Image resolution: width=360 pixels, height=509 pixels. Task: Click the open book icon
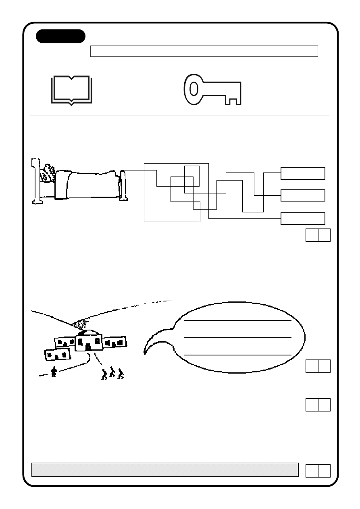(x=72, y=90)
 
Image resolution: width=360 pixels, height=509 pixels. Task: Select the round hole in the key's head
(x=194, y=89)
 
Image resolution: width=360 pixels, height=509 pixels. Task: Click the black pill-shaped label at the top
(x=60, y=36)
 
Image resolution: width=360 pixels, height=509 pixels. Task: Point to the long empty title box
(x=204, y=51)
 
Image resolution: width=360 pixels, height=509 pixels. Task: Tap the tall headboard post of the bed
(x=36, y=181)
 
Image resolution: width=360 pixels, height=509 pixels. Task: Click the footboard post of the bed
(x=124, y=185)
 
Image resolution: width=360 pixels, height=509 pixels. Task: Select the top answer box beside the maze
(x=302, y=173)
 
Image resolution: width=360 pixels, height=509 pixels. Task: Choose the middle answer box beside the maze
(x=302, y=195)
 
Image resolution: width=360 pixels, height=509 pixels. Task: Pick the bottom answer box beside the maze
(x=302, y=218)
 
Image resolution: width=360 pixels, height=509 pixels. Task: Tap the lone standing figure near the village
(x=54, y=372)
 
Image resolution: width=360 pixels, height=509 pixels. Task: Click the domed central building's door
(x=88, y=347)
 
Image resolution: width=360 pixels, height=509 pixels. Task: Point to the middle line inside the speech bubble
(x=237, y=337)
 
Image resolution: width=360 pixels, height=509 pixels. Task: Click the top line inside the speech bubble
(x=237, y=321)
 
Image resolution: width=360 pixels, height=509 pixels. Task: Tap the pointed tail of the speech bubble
(x=145, y=353)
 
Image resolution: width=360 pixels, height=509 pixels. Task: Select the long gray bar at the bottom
(x=165, y=470)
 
